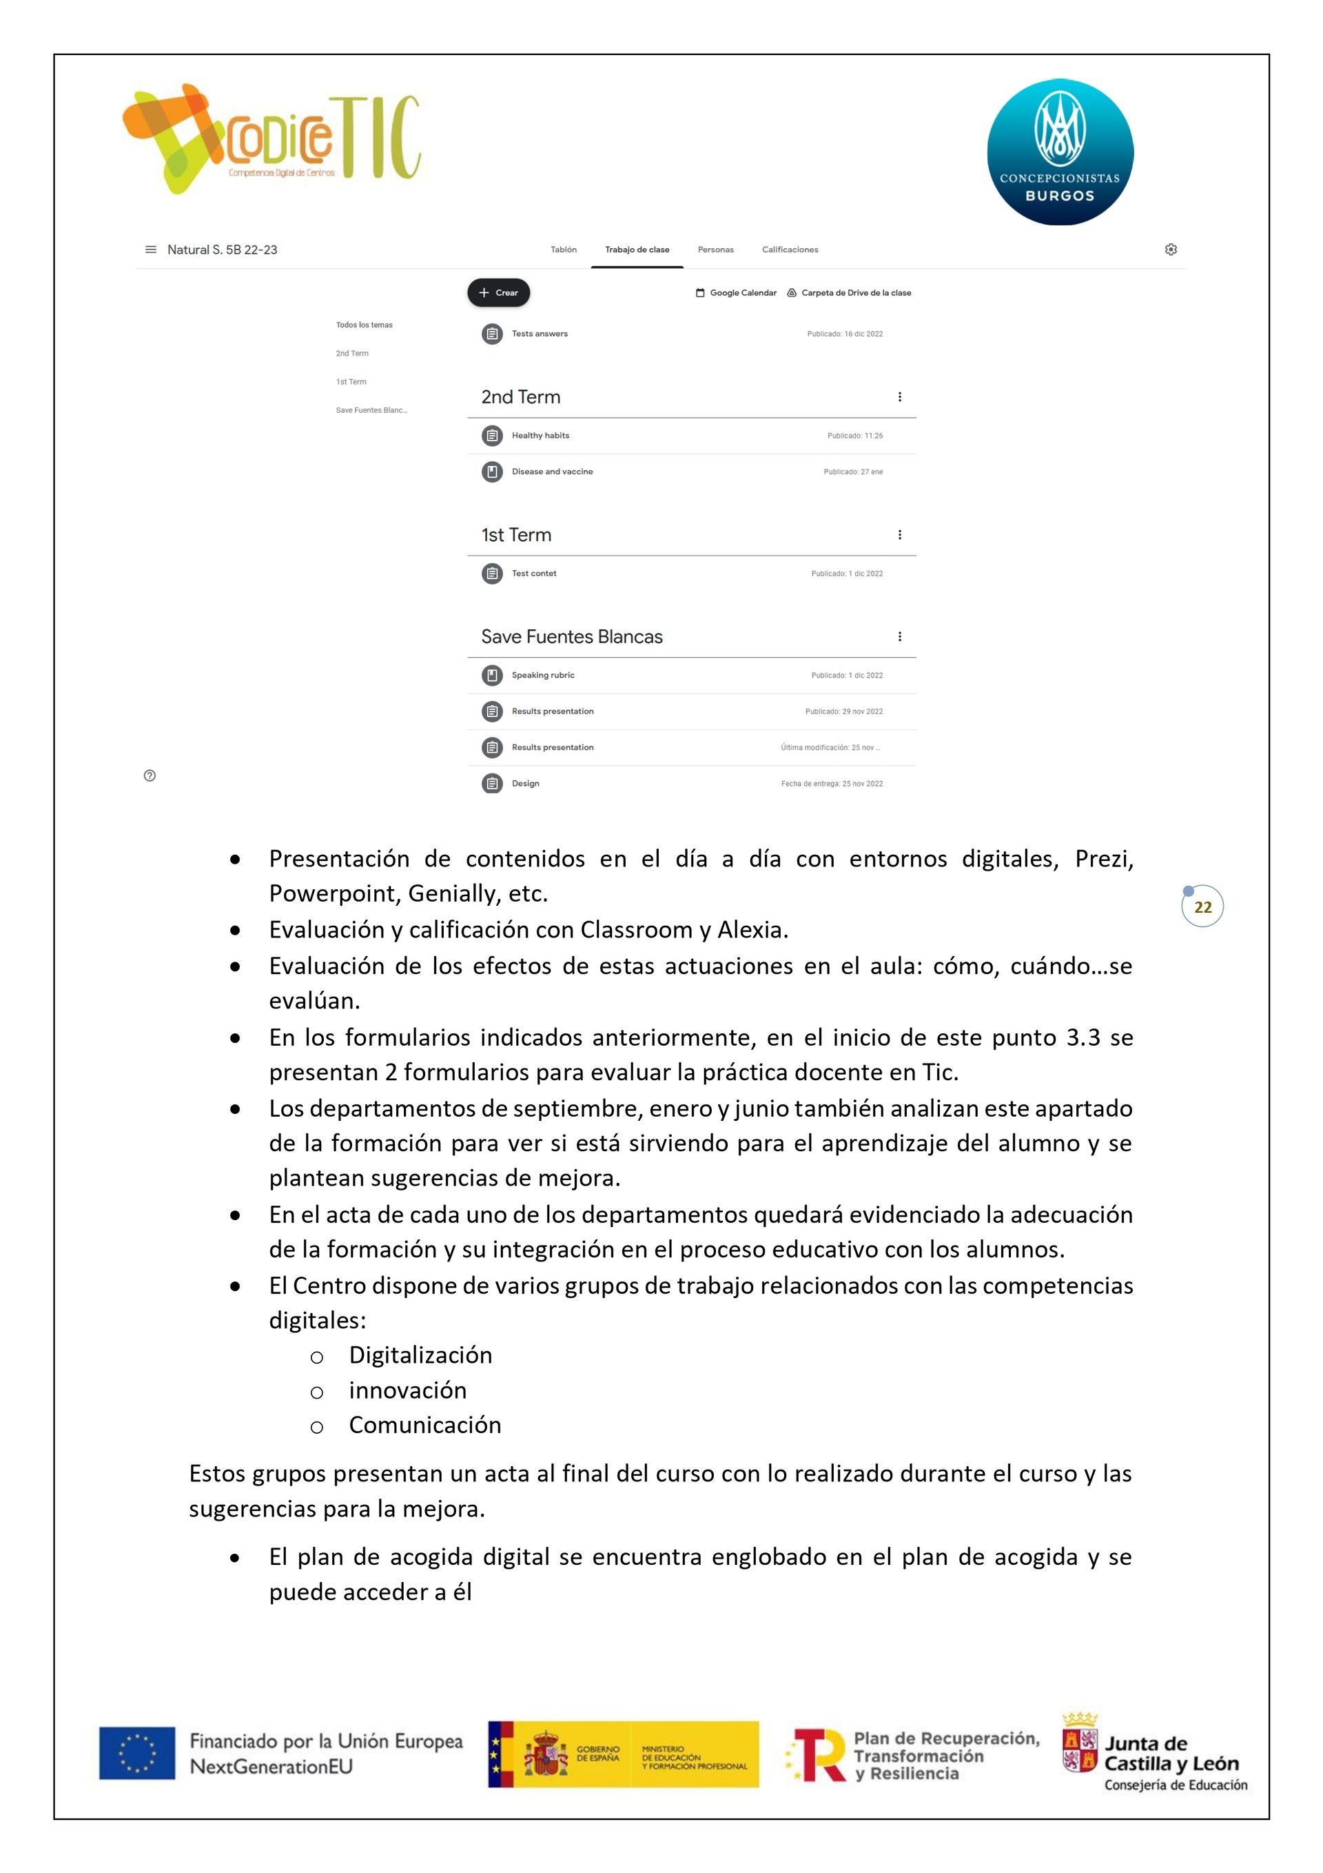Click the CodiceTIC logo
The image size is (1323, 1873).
271,139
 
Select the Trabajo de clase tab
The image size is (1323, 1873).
636,250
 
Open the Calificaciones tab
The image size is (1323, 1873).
790,250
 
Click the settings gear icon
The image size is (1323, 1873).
1171,250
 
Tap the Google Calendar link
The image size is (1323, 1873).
736,293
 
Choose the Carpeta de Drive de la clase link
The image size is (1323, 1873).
849,293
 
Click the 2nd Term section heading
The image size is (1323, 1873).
520,397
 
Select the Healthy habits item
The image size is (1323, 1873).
540,436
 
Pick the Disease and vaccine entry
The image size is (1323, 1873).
551,472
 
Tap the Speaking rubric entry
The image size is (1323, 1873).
542,676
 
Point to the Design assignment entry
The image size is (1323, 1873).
525,784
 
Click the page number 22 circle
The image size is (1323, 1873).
1202,907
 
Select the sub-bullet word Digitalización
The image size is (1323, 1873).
420,1355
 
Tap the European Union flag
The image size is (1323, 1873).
137,1753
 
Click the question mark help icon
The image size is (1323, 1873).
150,776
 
